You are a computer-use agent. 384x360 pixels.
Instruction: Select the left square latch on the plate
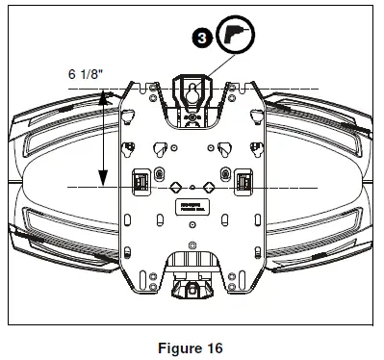point(140,180)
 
